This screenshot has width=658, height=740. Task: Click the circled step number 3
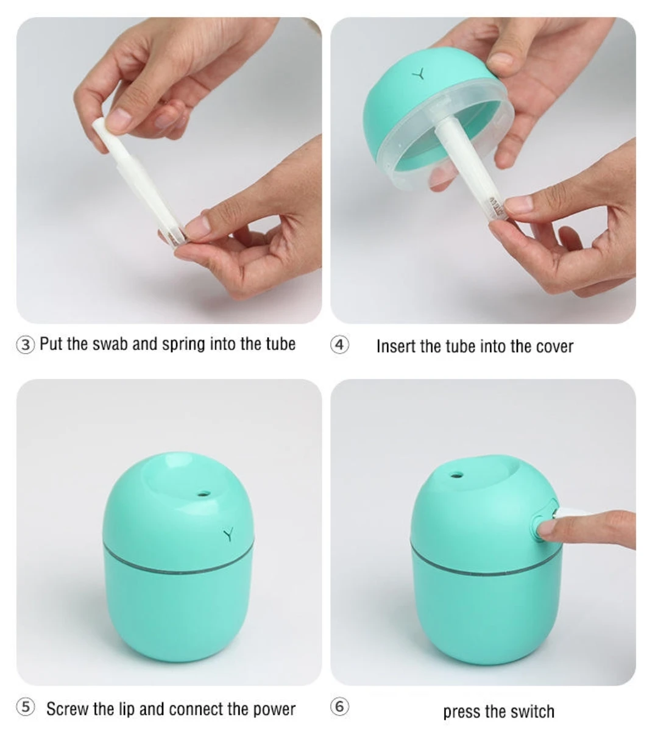tap(26, 345)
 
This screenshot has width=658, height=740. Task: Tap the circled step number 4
tap(340, 345)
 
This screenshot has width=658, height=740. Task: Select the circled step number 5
tap(26, 707)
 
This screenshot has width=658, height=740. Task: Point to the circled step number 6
tap(340, 707)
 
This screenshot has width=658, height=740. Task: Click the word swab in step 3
tap(110, 344)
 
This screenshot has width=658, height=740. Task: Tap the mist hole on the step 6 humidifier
tap(456, 474)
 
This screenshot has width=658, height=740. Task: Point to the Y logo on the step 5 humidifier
tap(228, 535)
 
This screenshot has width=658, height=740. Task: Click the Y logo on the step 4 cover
tap(418, 75)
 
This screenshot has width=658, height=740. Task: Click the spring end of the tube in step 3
tap(174, 235)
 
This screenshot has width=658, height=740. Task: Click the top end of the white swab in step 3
tap(99, 124)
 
